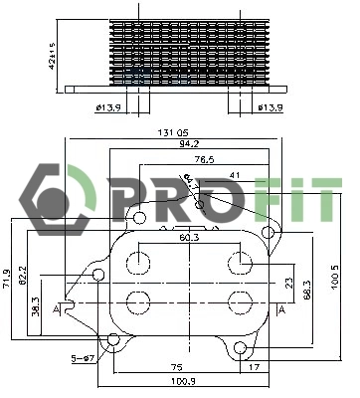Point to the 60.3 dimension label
[188, 238]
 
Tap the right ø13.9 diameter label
[270, 106]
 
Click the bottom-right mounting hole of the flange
[242, 347]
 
